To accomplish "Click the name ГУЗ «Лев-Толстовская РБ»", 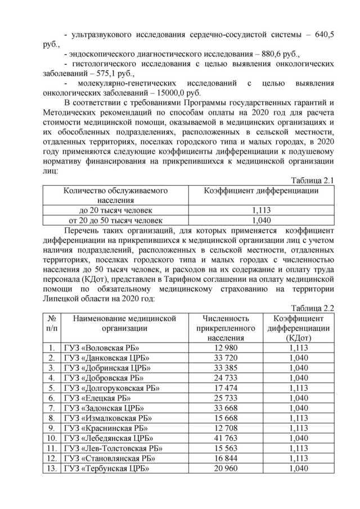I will click(113, 448).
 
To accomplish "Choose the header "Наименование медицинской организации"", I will click(124, 323).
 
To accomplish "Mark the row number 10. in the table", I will click(52, 438).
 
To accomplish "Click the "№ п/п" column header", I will click(52, 323).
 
